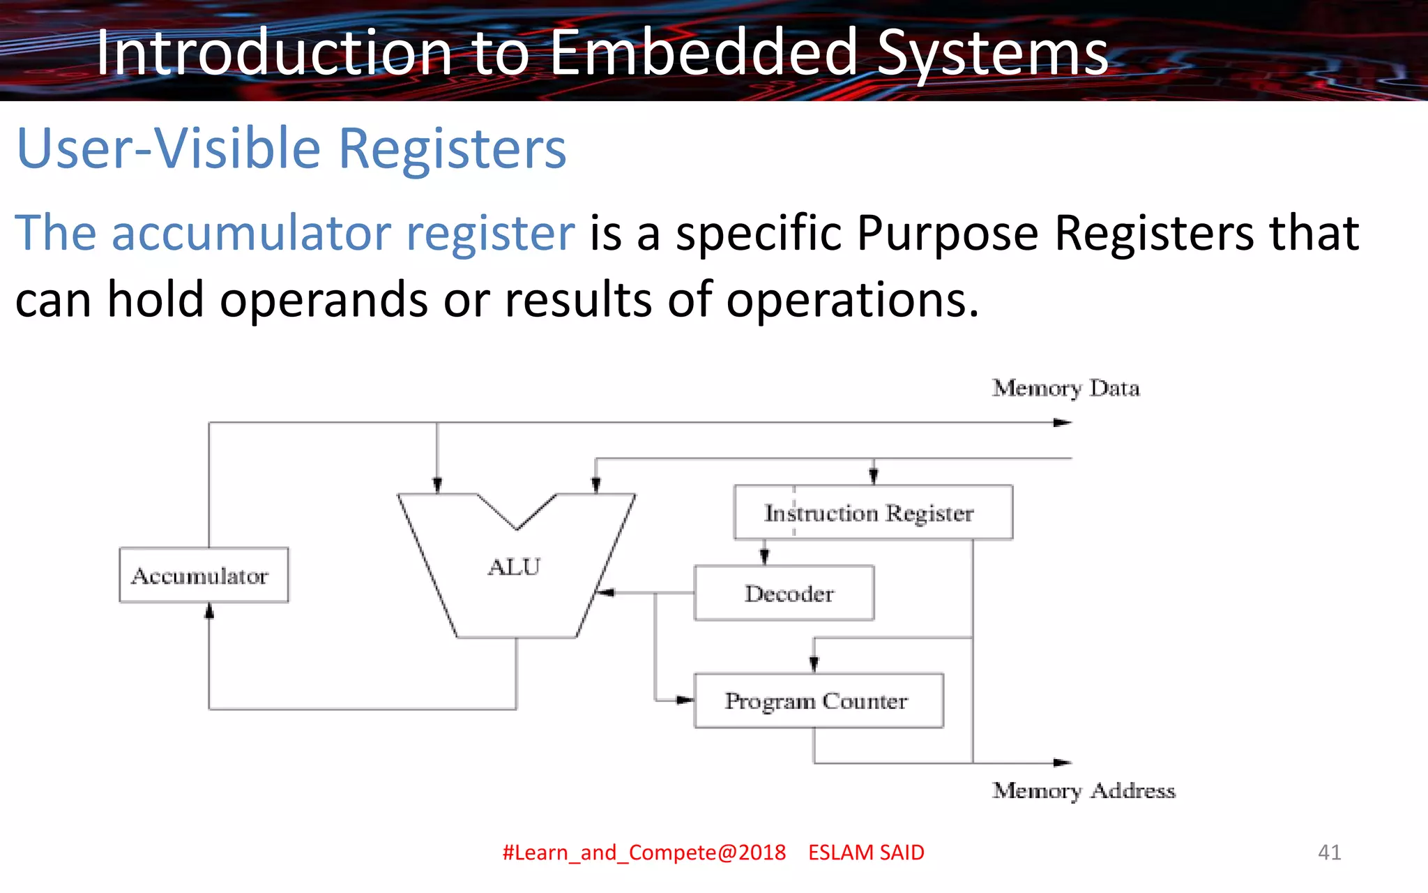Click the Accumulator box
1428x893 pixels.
[204, 575]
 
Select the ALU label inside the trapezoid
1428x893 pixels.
[514, 566]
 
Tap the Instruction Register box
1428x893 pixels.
[873, 513]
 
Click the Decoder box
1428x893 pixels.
[784, 593]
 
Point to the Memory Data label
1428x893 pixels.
[1065, 388]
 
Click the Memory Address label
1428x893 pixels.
[1083, 790]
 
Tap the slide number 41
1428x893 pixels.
[1329, 852]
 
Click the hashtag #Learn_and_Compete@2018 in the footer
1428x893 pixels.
[644, 852]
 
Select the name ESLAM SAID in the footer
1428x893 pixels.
[866, 852]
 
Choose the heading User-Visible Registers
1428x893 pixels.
[291, 148]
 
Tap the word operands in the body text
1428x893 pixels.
[324, 299]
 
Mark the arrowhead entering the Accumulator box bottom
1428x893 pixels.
[208, 611]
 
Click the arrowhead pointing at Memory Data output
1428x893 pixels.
[1062, 422]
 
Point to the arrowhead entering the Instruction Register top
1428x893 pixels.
[874, 476]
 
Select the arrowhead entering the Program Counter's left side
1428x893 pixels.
[685, 700]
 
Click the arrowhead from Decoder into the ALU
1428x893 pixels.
[606, 592]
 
